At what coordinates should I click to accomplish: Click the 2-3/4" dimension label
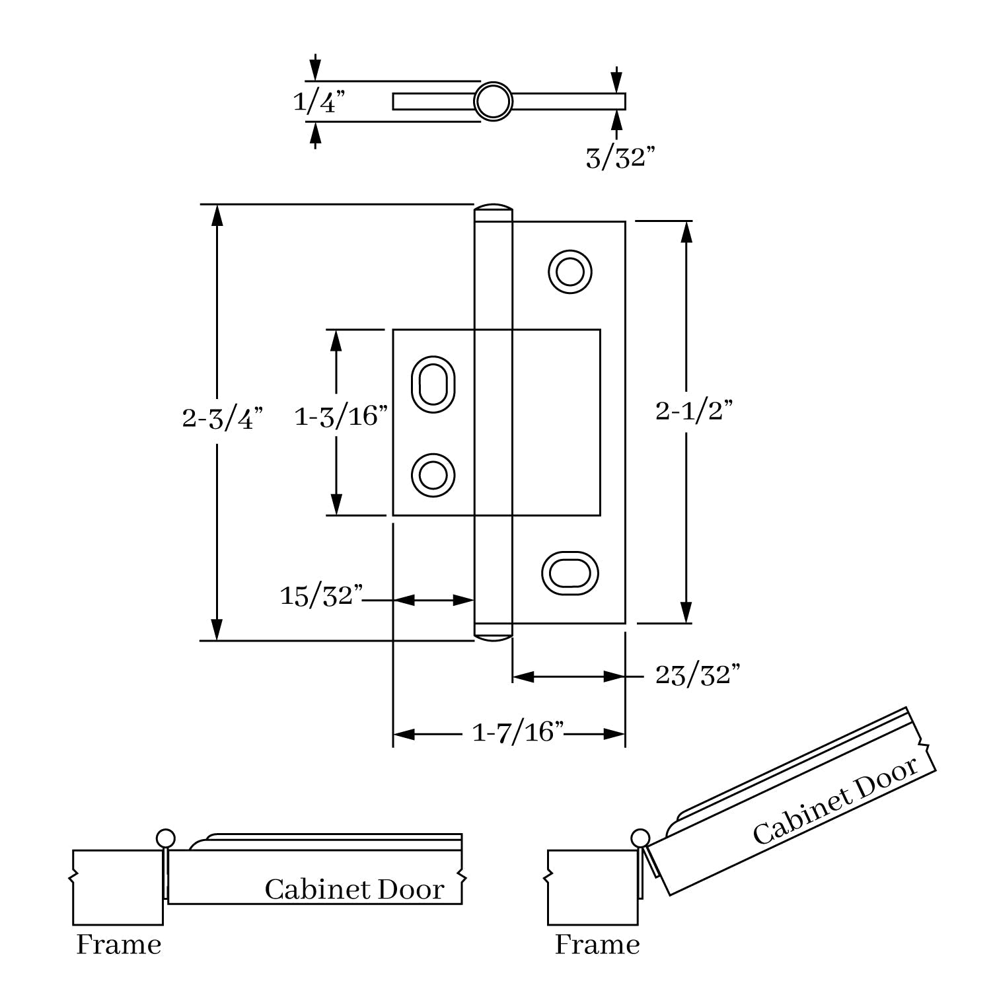[x=222, y=419]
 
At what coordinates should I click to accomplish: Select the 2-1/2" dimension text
[x=694, y=412]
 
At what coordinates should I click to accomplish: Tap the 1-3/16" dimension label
[x=340, y=417]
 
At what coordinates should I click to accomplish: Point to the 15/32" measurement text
[x=322, y=595]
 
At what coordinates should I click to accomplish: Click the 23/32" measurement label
[x=697, y=675]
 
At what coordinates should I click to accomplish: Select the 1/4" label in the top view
[x=319, y=102]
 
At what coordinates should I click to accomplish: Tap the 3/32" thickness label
[x=620, y=158]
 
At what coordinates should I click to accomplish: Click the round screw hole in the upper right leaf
[x=569, y=271]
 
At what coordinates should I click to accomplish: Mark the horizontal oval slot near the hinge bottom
[x=569, y=571]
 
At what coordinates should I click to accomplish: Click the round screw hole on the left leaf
[x=433, y=474]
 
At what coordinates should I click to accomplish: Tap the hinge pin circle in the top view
[x=493, y=101]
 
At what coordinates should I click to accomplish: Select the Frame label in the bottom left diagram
[x=119, y=945]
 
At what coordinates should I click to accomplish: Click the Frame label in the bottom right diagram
[x=597, y=945]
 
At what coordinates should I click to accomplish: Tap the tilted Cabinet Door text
[x=835, y=801]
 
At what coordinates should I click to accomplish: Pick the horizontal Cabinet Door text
[x=354, y=890]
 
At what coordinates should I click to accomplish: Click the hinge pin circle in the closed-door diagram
[x=166, y=839]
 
